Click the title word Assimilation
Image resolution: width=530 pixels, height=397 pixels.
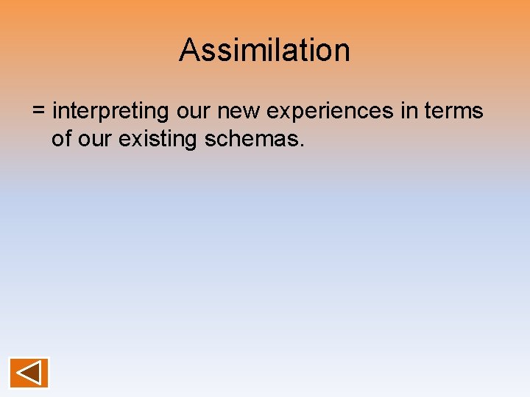coord(264,50)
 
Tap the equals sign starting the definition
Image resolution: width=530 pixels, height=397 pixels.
coord(39,111)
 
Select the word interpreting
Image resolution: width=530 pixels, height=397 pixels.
coord(110,112)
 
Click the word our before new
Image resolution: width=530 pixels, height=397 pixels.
coord(193,112)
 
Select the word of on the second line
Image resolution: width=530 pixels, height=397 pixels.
coord(62,138)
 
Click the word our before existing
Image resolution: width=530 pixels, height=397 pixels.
coord(94,138)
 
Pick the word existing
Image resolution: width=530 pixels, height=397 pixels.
coord(156,138)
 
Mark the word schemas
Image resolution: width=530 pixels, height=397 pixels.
coord(250,138)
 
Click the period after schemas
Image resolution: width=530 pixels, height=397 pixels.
coord(301,146)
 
